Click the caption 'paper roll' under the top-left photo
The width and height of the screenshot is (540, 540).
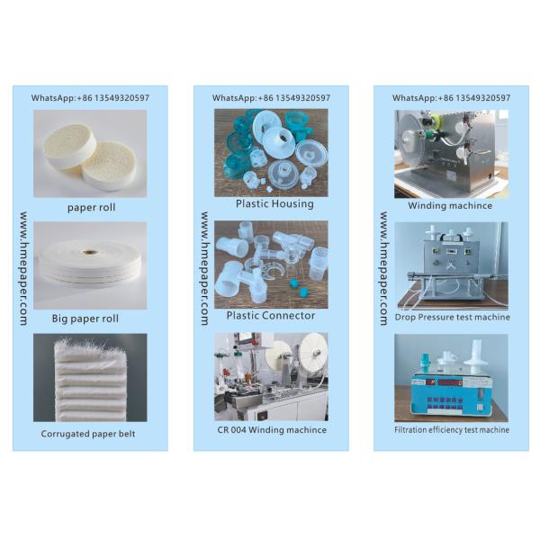tap(91, 207)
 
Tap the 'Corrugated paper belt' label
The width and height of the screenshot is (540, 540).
tap(90, 433)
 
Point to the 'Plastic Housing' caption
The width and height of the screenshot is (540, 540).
tap(274, 203)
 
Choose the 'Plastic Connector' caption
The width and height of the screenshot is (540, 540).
tap(271, 315)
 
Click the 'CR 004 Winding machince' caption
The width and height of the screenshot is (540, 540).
tap(271, 429)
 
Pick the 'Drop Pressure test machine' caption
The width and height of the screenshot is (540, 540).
tap(452, 317)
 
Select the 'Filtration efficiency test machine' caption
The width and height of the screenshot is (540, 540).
tap(451, 429)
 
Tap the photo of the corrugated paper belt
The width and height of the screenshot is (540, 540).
tap(90, 378)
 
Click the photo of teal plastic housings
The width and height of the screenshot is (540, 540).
tap(271, 151)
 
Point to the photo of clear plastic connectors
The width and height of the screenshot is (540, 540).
tap(271, 264)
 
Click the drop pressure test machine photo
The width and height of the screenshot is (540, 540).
tap(451, 265)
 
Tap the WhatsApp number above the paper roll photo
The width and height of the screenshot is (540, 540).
tap(90, 97)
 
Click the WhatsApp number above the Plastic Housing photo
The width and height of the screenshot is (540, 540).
tap(271, 97)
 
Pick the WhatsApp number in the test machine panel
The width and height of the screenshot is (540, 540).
tap(451, 97)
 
